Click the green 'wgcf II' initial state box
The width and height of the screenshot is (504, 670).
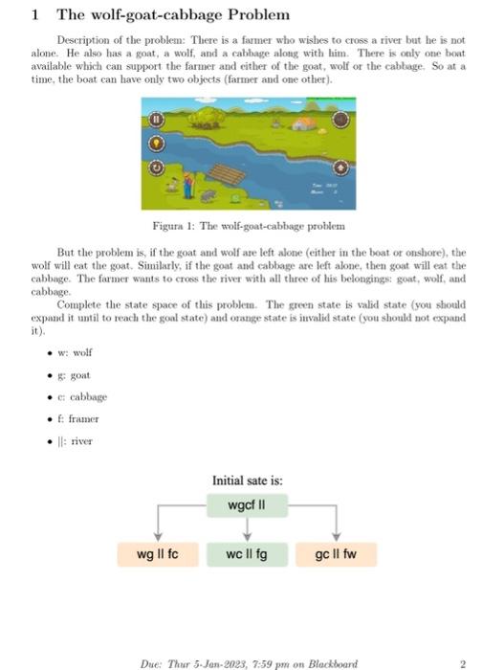(x=248, y=504)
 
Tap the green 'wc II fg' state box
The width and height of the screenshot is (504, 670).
(x=247, y=554)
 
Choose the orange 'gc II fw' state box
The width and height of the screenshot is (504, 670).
(x=336, y=554)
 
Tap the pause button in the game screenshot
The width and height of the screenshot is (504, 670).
(x=156, y=121)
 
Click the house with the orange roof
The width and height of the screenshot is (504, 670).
(x=304, y=123)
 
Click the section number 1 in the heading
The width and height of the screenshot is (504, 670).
(x=34, y=15)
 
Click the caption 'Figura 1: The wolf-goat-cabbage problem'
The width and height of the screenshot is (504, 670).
(x=248, y=225)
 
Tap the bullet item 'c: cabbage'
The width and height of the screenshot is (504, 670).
(x=80, y=396)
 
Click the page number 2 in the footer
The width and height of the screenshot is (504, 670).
(x=463, y=660)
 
